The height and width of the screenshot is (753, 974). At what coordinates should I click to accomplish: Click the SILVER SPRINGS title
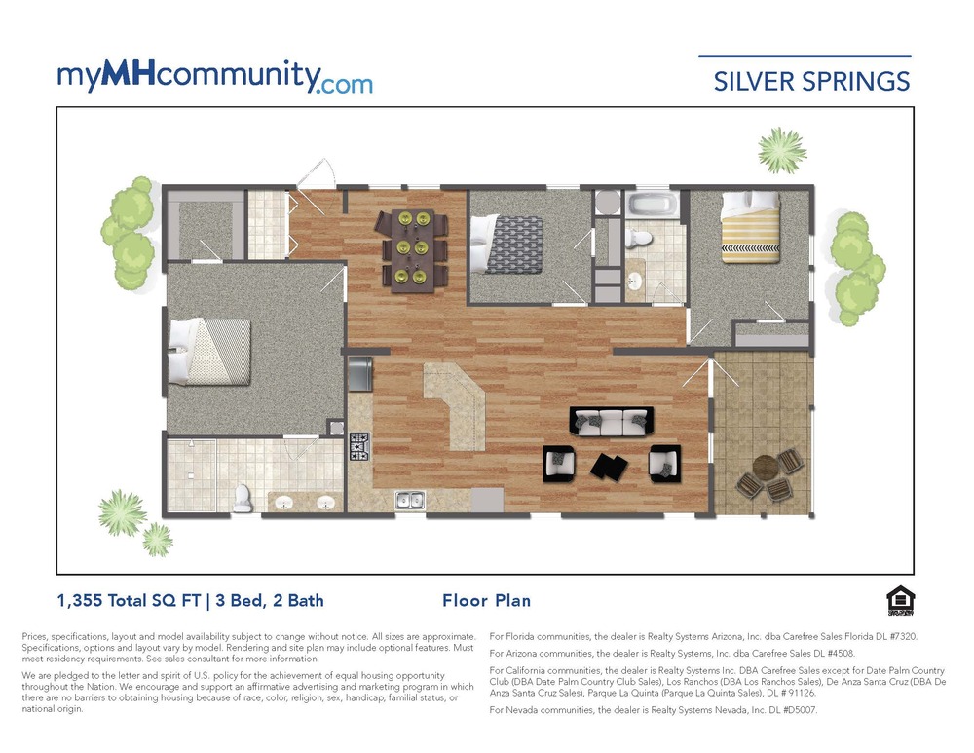(811, 81)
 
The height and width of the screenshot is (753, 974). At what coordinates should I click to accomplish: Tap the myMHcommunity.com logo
(214, 77)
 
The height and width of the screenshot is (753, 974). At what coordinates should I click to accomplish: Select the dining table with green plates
(413, 248)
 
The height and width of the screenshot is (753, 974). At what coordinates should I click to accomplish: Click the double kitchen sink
(409, 501)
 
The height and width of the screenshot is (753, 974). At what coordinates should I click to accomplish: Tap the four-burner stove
(359, 445)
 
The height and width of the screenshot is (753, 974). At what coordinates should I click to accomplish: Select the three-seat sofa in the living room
(609, 421)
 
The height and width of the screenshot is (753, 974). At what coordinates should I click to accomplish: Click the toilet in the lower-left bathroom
(242, 499)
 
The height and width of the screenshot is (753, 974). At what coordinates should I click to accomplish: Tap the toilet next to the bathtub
(640, 238)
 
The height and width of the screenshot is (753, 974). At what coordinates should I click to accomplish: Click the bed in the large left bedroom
(209, 351)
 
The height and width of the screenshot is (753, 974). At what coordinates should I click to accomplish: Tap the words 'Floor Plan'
(486, 601)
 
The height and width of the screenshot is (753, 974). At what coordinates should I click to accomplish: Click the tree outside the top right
(781, 149)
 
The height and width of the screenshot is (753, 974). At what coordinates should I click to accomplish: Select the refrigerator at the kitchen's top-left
(359, 373)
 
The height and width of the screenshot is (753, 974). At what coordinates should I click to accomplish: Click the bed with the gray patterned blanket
(500, 245)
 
